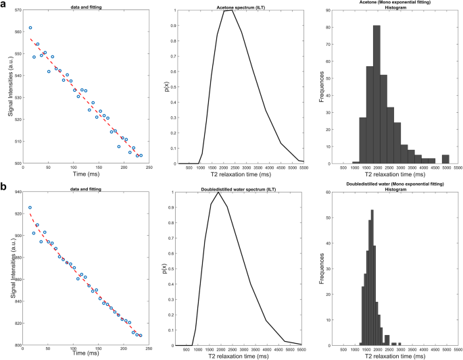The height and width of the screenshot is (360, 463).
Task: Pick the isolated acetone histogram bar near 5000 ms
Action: (x=445, y=159)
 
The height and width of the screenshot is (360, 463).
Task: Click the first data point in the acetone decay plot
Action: (x=30, y=28)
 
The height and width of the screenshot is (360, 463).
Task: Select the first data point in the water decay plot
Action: (x=30, y=207)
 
